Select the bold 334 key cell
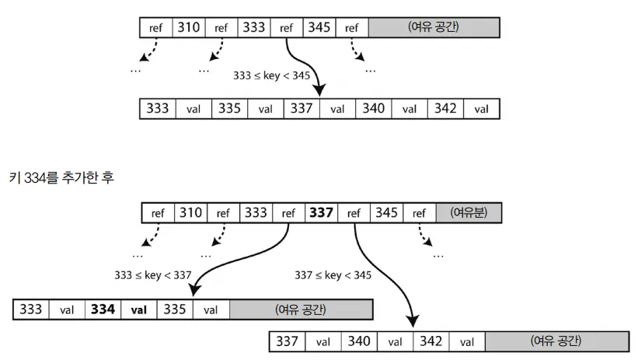103,309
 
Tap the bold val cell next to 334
138,309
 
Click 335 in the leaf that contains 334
174,309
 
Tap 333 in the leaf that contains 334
31,309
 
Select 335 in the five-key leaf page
228,109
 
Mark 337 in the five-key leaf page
301,109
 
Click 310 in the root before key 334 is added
188,28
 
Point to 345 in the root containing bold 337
385,212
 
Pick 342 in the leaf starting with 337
430,341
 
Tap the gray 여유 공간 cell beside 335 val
301,309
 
